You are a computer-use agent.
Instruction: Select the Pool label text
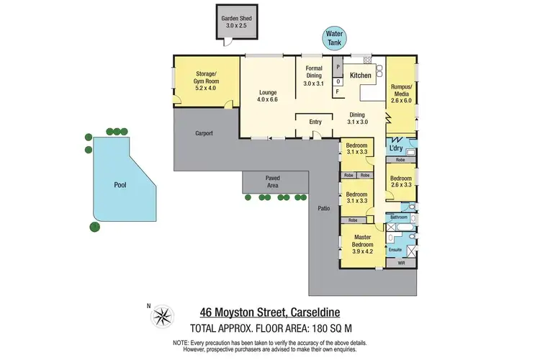click(120, 185)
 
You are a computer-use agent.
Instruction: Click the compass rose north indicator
click(164, 315)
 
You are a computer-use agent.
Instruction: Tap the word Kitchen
click(360, 75)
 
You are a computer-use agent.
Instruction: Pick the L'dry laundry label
click(396, 146)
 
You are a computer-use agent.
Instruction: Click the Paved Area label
click(272, 181)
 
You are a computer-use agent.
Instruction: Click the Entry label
click(315, 122)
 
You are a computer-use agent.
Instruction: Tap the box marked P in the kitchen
click(337, 66)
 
